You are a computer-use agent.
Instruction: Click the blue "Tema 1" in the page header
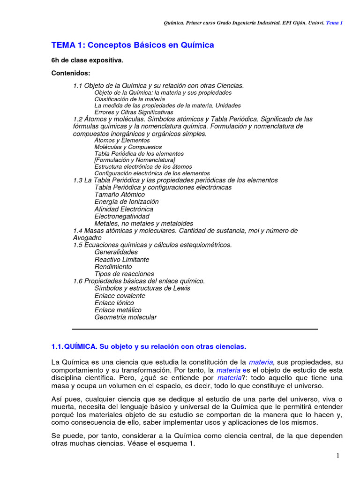[x=334, y=22]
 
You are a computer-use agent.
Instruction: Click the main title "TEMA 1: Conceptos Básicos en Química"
[x=132, y=45]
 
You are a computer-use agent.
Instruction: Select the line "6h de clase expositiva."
[x=87, y=60]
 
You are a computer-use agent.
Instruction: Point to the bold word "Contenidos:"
[x=70, y=74]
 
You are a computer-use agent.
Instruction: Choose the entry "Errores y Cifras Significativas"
[x=134, y=112]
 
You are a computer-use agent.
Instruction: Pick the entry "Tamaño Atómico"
[x=120, y=195]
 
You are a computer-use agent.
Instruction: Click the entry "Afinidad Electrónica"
[x=124, y=209]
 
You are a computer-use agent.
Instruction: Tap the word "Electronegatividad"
[x=122, y=216]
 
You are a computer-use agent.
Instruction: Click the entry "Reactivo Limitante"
[x=122, y=260]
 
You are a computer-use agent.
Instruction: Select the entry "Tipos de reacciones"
[x=124, y=274]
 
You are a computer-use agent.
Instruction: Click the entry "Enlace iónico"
[x=114, y=303]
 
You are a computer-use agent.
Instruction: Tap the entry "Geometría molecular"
[x=126, y=317]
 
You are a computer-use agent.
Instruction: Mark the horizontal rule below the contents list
[x=195, y=329]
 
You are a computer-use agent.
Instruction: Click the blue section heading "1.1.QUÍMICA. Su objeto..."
[x=148, y=347]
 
